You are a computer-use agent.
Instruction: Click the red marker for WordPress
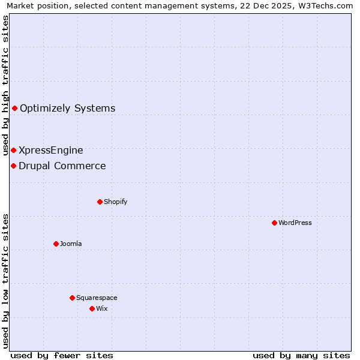point(274,223)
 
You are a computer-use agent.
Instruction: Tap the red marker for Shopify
point(100,202)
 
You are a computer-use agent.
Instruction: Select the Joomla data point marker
point(56,244)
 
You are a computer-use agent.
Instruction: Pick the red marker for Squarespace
point(72,298)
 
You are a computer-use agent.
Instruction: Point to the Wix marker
point(92,308)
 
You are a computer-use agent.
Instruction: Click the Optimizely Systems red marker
point(14,109)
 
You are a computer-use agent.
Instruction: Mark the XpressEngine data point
point(13,150)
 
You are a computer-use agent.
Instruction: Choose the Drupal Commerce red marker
point(13,166)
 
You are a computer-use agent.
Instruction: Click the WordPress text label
point(295,223)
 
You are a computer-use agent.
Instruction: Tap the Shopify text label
point(116,202)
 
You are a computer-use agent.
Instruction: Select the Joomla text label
point(71,244)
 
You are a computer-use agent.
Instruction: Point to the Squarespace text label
point(97,298)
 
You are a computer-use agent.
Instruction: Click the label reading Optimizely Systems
point(68,109)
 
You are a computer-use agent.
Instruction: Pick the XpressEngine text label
point(51,150)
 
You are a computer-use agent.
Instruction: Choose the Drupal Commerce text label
point(62,166)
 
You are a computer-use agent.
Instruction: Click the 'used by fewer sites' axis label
point(62,355)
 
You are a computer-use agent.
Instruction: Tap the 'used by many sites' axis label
point(301,355)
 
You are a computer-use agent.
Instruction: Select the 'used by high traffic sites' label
point(5,85)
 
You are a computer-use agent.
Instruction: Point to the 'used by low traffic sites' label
point(5,280)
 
